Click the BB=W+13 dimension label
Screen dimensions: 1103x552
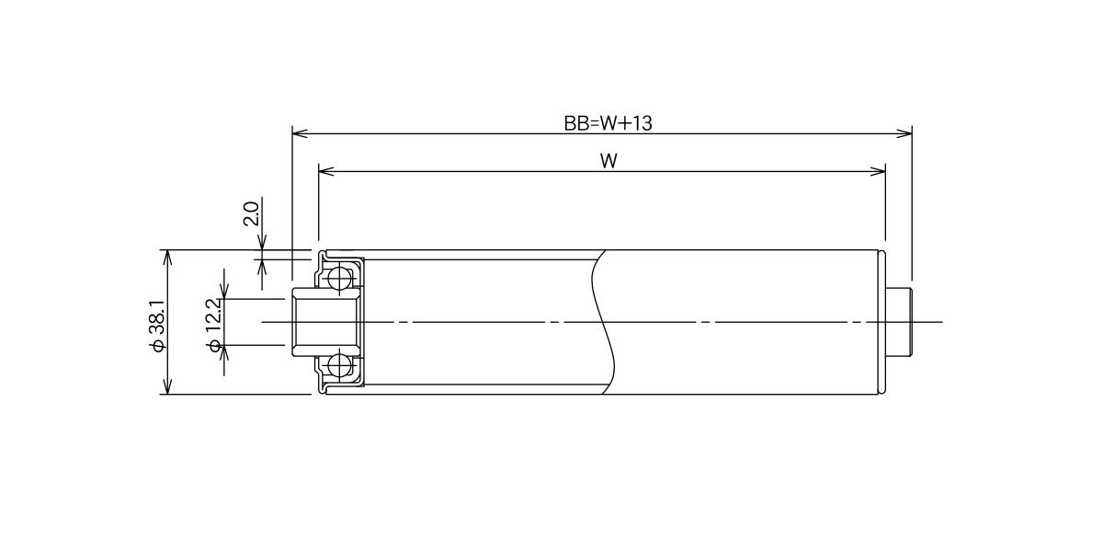(608, 123)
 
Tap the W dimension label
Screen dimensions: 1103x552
(608, 161)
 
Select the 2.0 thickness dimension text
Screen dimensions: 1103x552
(252, 213)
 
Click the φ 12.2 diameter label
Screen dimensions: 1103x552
(215, 325)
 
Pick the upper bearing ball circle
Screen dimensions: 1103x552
(339, 279)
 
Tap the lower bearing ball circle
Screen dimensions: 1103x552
(339, 366)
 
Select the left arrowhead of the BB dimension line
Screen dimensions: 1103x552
(300, 133)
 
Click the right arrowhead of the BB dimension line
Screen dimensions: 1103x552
(904, 133)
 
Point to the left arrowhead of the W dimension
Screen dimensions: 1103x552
(326, 171)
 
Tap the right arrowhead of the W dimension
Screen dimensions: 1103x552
(878, 171)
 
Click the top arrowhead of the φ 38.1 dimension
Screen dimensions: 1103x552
(168, 258)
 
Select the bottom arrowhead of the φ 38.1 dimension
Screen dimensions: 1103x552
(168, 386)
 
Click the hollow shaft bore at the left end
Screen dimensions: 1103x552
(325, 322)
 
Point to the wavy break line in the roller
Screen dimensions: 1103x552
(605, 322)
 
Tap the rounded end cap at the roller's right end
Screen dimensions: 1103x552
(881, 322)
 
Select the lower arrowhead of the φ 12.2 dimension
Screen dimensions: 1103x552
(225, 353)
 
